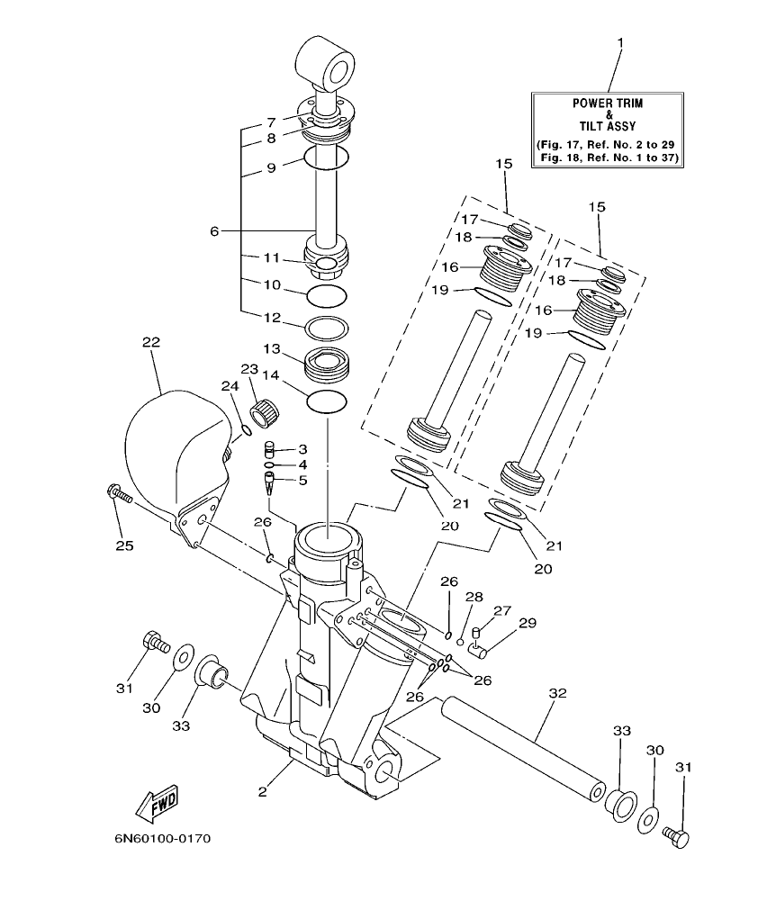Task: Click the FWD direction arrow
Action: [x=154, y=801]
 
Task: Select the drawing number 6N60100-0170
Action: [x=162, y=839]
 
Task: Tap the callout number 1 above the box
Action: [x=619, y=42]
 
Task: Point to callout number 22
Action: [x=150, y=342]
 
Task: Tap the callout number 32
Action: [x=557, y=693]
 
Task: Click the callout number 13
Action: [x=271, y=348]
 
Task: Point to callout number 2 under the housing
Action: [x=262, y=792]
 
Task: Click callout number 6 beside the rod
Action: [x=214, y=231]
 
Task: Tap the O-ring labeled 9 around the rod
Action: [x=326, y=158]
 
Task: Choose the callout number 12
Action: [x=271, y=317]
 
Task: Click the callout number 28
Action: [x=474, y=597]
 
